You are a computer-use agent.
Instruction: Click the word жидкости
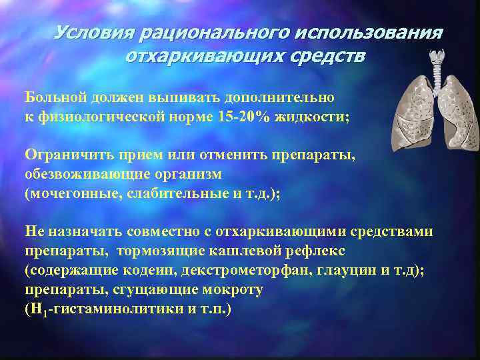point(313,115)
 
